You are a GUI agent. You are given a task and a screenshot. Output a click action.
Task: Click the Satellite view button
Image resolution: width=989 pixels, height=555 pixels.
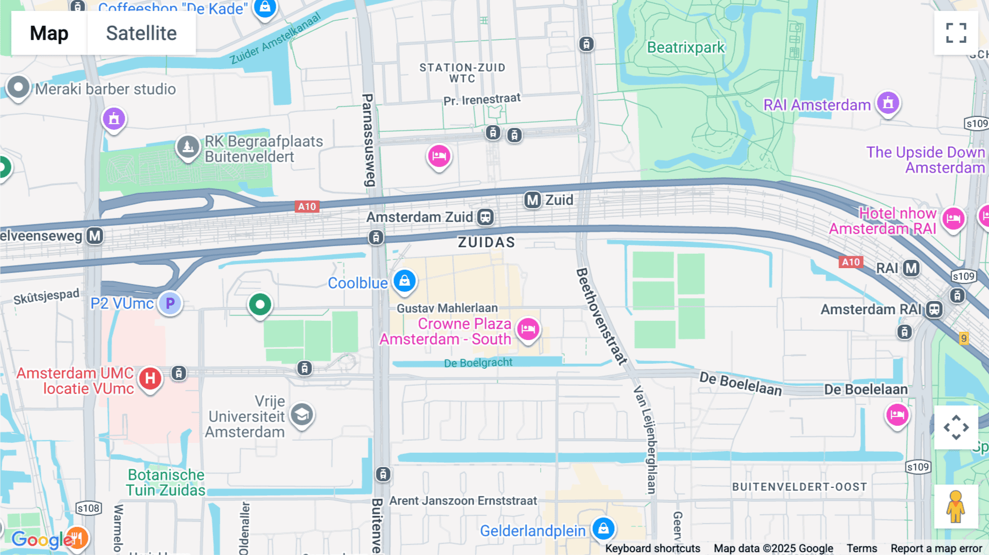141,33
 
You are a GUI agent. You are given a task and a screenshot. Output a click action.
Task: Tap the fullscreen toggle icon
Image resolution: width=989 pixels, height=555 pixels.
956,33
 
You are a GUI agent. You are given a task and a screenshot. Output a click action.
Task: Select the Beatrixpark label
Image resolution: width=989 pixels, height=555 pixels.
686,48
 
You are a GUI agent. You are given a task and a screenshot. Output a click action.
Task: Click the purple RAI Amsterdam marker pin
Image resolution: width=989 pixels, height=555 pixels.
888,103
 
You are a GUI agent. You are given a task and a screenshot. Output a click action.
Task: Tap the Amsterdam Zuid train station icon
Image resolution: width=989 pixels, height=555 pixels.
485,217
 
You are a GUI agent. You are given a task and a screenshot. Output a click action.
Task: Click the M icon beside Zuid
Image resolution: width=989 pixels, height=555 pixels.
532,200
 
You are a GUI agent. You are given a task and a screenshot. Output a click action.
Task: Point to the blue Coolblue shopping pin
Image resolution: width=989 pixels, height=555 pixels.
404,281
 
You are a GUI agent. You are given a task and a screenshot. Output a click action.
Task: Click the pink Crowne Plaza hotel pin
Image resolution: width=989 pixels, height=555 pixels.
528,329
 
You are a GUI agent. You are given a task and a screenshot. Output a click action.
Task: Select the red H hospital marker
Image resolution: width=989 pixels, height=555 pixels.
150,378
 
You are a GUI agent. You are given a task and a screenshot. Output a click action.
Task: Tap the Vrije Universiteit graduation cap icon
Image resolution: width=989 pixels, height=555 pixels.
302,415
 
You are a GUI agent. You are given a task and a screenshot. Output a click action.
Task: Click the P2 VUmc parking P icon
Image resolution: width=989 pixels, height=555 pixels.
170,303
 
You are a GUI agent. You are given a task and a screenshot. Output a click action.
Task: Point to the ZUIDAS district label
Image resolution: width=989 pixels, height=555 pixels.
486,242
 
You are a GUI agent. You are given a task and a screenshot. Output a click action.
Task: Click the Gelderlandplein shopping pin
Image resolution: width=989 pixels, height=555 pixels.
603,529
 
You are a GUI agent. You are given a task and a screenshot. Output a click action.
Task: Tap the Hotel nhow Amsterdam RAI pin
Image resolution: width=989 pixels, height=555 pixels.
953,219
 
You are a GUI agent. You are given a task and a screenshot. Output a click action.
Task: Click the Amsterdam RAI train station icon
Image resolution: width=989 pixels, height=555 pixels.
934,309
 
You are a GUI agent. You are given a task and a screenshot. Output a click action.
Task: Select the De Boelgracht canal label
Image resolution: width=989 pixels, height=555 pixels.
478,363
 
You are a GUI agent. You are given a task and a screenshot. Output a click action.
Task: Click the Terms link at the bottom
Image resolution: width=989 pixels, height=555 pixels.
862,548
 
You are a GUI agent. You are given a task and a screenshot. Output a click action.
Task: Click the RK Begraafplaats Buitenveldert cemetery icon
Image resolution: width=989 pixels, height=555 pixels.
188,147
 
